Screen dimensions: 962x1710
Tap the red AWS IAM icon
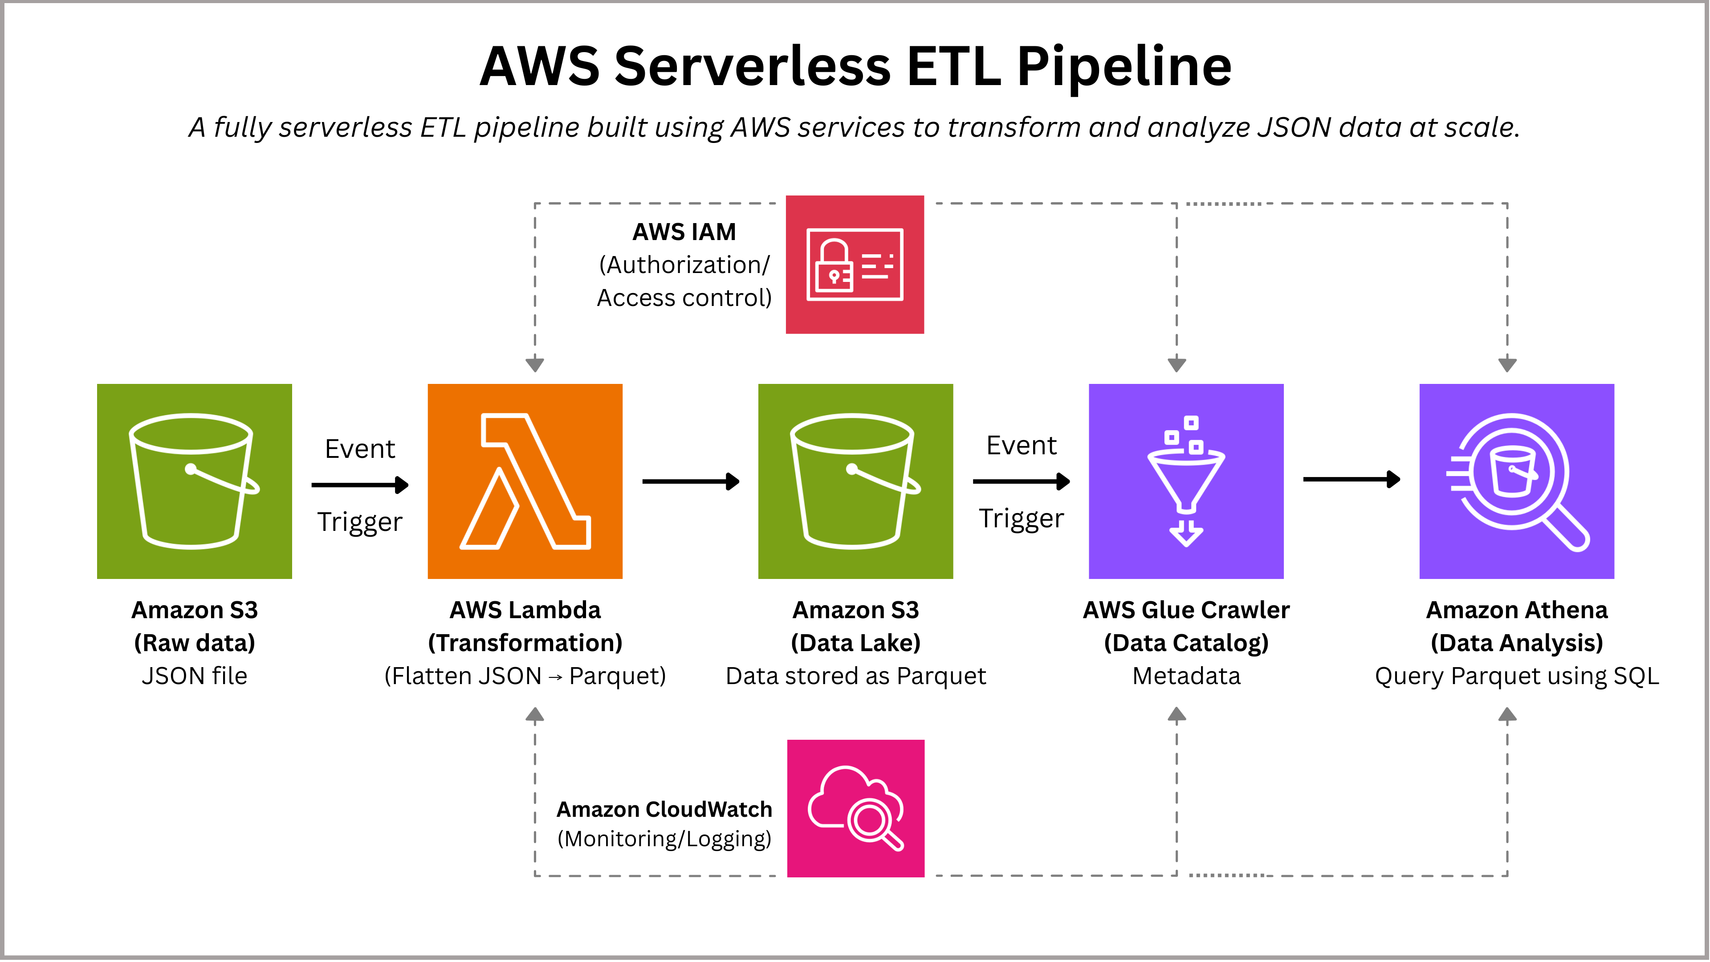pyautogui.click(x=855, y=264)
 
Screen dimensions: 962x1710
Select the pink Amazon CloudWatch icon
pyautogui.click(x=855, y=808)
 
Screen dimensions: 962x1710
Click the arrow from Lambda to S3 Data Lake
pyautogui.click(x=690, y=481)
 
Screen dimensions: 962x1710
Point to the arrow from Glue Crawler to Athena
pyautogui.click(x=1352, y=479)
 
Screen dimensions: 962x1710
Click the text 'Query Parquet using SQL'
pyautogui.click(x=1516, y=676)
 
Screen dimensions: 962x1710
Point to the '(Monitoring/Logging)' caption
pyautogui.click(x=664, y=839)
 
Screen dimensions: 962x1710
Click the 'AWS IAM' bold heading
pyautogui.click(x=684, y=232)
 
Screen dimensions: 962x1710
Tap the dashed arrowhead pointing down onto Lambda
pyautogui.click(x=535, y=364)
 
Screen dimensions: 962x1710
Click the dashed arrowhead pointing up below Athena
pyautogui.click(x=1507, y=715)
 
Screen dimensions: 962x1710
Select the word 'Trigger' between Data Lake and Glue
pyautogui.click(x=1021, y=518)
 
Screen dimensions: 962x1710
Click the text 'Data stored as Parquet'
pyautogui.click(x=855, y=676)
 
